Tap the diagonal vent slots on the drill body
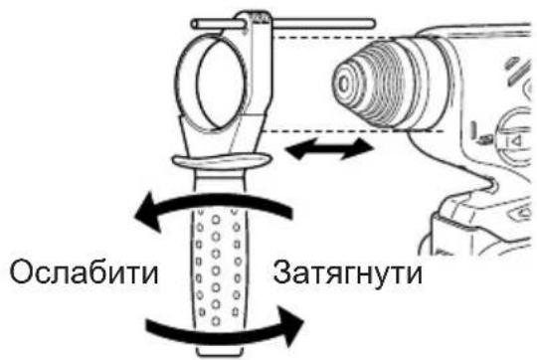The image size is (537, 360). (x=511, y=70)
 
